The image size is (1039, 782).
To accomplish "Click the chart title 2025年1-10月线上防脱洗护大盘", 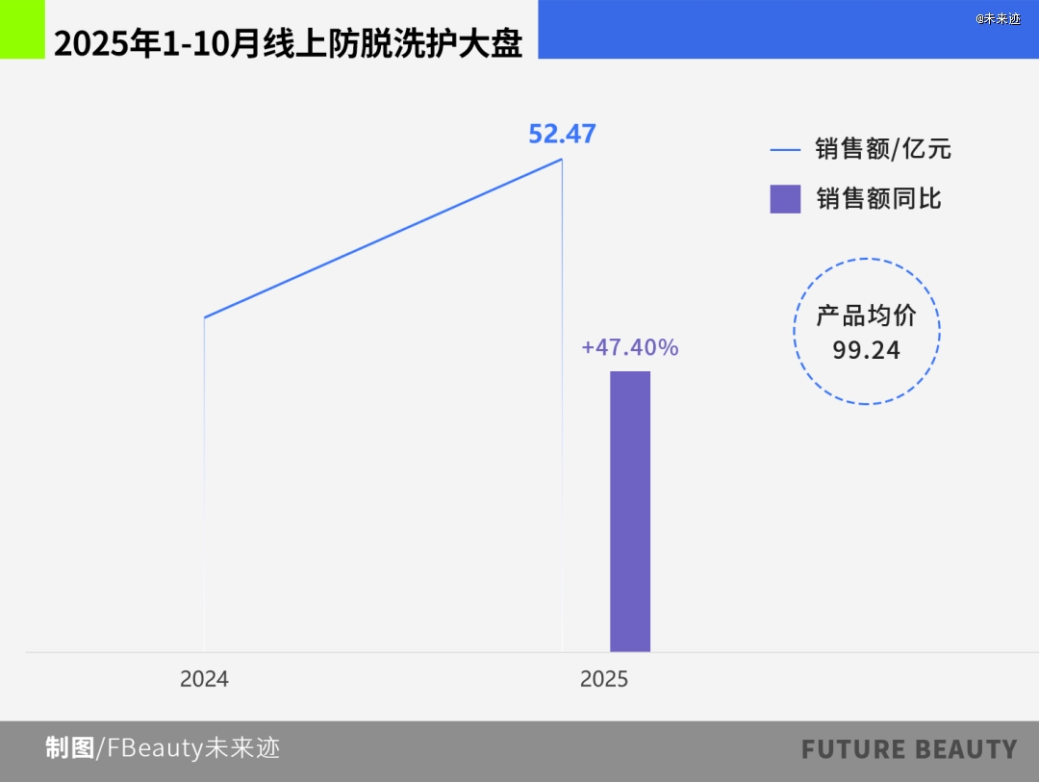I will tap(288, 43).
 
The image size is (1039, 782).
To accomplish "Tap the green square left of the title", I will tap(22, 29).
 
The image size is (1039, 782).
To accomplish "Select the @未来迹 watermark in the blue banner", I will tap(998, 18).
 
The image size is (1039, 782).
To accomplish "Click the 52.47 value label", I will tap(562, 134).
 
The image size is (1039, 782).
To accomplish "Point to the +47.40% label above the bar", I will tap(630, 347).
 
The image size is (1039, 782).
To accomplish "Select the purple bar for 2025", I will tap(630, 511).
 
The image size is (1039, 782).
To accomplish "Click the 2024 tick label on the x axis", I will tap(204, 679).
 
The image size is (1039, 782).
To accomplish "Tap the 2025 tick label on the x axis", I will tap(604, 679).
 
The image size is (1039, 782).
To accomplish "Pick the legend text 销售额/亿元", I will tap(883, 149).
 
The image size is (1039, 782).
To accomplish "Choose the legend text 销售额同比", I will tap(878, 198).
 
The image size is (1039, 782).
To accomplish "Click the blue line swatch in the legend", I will tap(785, 150).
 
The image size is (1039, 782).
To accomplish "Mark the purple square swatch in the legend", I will tap(785, 198).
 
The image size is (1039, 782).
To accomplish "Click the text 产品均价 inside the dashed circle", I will tap(867, 315).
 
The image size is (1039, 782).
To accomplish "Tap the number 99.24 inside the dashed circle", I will tap(867, 350).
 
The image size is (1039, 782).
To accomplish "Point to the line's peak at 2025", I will tap(562, 159).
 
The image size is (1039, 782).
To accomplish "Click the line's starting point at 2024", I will tap(205, 316).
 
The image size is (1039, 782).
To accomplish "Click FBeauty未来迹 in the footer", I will tap(192, 748).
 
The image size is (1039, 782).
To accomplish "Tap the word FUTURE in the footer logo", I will tap(854, 749).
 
